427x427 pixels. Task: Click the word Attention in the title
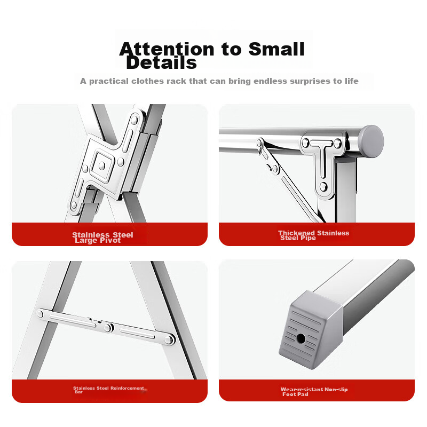click(x=167, y=49)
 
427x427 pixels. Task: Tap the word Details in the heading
click(x=161, y=62)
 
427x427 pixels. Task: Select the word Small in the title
click(x=276, y=49)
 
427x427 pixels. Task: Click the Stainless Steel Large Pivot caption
click(x=102, y=238)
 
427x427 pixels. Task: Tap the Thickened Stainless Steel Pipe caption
click(x=313, y=235)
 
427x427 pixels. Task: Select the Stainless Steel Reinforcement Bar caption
click(x=108, y=390)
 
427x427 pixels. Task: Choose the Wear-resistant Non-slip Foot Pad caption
click(x=314, y=392)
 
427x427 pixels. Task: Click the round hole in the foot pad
click(x=301, y=338)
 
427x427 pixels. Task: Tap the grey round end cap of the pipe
click(x=371, y=141)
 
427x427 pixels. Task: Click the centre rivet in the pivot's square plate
click(x=102, y=165)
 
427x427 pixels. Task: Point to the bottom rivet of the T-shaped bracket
click(x=323, y=187)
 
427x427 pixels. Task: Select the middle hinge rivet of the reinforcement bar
click(x=108, y=328)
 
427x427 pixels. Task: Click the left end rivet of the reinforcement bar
click(x=40, y=314)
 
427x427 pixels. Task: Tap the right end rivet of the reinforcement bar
click(x=169, y=339)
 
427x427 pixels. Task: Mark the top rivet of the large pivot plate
click(x=135, y=120)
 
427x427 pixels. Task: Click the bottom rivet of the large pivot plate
click(x=74, y=205)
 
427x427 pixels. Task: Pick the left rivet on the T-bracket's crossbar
click(x=305, y=143)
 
